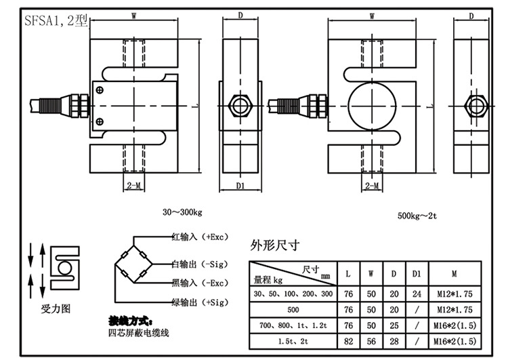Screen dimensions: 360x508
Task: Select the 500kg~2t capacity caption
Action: click(x=419, y=216)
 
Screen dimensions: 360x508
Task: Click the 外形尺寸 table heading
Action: click(x=274, y=246)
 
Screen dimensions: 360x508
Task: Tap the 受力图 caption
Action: click(x=56, y=308)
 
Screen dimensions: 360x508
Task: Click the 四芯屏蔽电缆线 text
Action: click(x=140, y=333)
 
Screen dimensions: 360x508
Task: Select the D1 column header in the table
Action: click(x=417, y=274)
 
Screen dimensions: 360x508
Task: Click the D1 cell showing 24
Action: click(x=417, y=294)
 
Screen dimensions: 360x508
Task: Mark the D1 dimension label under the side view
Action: click(x=241, y=185)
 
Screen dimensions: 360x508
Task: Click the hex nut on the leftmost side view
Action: click(x=241, y=105)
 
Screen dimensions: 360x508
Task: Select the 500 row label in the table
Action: click(x=294, y=308)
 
